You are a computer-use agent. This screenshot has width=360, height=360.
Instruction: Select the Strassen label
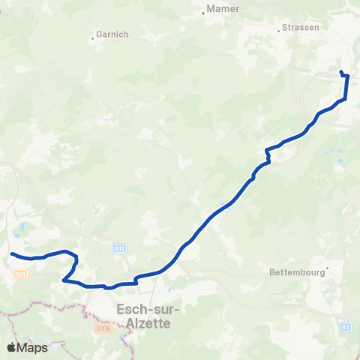point(301,28)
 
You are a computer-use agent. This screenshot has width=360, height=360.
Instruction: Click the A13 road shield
point(120,247)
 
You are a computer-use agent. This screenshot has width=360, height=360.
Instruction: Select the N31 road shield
point(20,274)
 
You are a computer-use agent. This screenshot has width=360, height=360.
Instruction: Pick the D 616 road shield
point(103,328)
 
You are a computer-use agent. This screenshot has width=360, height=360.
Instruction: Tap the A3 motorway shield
point(346,327)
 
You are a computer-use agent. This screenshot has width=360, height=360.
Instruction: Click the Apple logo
point(11,347)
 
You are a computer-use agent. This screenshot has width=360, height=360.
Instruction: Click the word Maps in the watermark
point(33,347)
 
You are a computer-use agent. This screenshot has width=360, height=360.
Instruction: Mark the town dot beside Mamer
point(205,10)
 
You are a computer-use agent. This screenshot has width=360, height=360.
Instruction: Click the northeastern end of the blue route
point(341,72)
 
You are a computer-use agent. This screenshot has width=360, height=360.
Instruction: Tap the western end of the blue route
point(12,253)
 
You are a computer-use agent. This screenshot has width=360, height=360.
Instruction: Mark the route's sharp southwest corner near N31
point(64,280)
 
